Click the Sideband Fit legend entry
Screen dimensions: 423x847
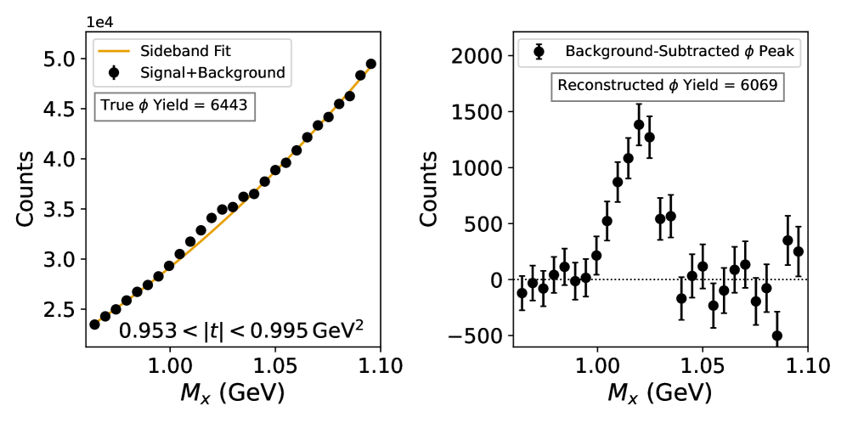point(191,51)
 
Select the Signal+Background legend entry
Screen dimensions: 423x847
point(191,73)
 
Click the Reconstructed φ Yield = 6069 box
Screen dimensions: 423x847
point(667,85)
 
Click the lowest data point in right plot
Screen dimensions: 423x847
point(776,336)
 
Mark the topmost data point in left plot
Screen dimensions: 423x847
point(370,64)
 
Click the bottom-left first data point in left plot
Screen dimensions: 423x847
point(94,324)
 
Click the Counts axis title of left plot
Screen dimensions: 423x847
point(25,189)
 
